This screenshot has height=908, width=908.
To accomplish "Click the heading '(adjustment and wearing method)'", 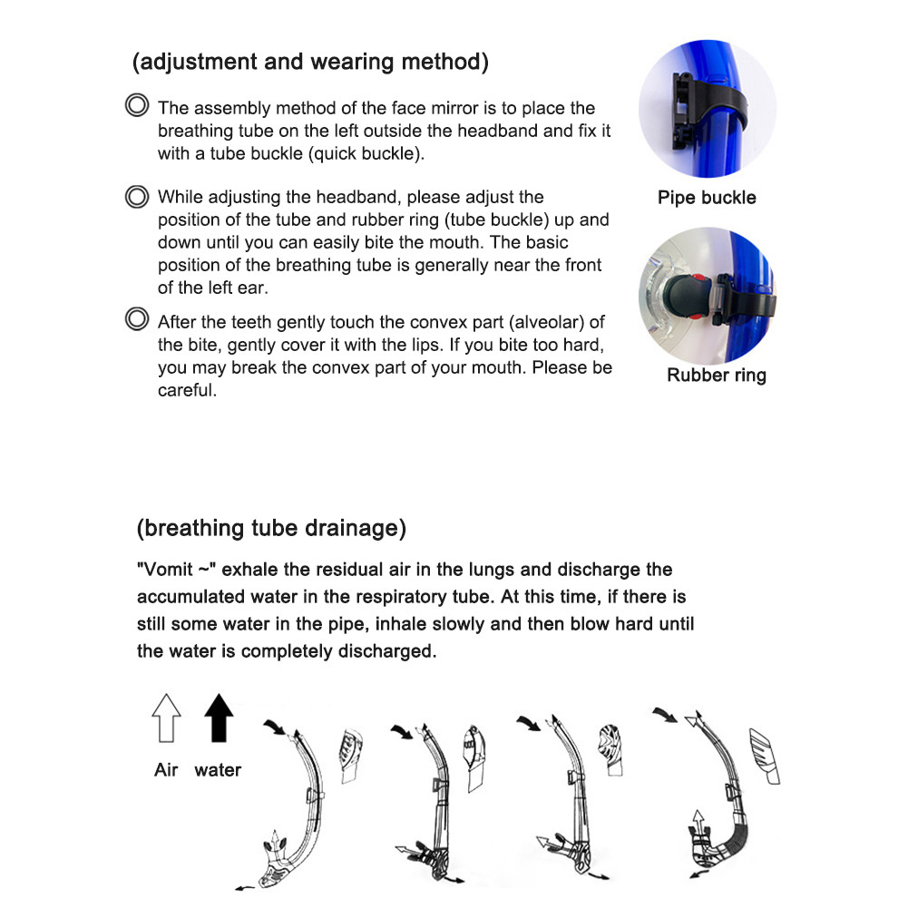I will pos(311,62).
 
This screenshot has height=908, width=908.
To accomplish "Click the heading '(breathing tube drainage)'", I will pos(271,528).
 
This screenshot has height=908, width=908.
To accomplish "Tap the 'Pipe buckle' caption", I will pos(707,198).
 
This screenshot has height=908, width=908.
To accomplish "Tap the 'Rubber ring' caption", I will pos(716,376).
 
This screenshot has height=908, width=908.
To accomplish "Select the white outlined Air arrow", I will pos(167,718).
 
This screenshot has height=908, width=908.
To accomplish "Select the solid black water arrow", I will pos(219,718).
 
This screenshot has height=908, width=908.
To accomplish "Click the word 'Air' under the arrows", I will pos(166,770).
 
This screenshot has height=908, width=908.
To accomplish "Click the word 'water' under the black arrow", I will pos(218,770).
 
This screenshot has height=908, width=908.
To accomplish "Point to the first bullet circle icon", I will pos(137,106).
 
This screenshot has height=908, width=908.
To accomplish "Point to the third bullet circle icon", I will pos(137,319).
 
